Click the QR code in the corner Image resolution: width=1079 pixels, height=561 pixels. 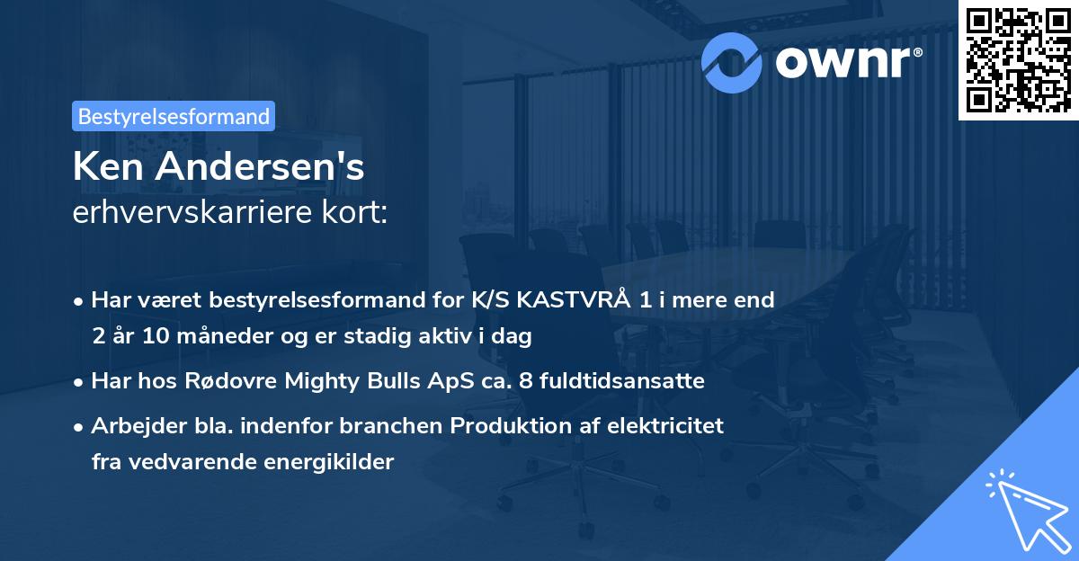coord(1019,59)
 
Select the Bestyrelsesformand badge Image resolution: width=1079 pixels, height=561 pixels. coord(174,116)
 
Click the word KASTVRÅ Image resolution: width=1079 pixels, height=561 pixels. coord(579,300)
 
